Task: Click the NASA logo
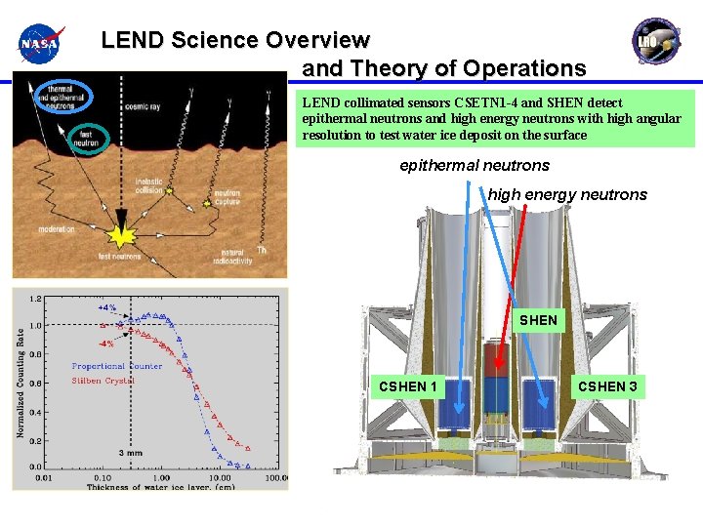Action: point(40,43)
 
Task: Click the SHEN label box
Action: point(538,320)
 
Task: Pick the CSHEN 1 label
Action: point(409,386)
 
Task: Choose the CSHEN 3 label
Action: point(607,386)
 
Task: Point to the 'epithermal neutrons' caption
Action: point(475,166)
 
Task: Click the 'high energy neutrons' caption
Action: point(567,195)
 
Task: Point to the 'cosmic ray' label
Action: point(144,106)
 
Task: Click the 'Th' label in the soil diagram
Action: point(261,250)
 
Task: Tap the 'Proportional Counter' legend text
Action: point(116,366)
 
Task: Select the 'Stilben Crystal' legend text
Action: point(103,381)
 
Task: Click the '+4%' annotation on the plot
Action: point(106,306)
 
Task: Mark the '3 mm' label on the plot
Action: point(132,454)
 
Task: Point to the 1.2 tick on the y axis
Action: point(35,299)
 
